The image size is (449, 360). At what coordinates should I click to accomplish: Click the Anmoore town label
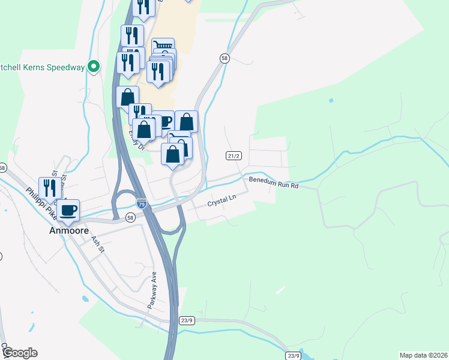click(x=69, y=230)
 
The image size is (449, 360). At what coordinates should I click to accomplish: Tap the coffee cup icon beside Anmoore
click(x=68, y=211)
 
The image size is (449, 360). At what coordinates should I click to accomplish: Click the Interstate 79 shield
click(x=141, y=204)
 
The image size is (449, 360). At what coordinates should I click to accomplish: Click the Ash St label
click(x=97, y=244)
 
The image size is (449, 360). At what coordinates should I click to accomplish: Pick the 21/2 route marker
click(x=234, y=156)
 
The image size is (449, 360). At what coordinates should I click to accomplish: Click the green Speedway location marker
click(x=94, y=67)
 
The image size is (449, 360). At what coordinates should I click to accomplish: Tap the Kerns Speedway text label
click(x=42, y=67)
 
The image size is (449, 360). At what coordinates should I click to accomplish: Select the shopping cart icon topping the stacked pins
click(x=163, y=46)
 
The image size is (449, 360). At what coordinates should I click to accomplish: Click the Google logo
click(x=19, y=353)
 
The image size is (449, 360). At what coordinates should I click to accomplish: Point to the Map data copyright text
click(x=423, y=355)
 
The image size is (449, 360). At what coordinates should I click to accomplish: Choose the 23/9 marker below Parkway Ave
click(x=187, y=320)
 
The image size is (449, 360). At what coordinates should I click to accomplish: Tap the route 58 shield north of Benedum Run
click(x=224, y=58)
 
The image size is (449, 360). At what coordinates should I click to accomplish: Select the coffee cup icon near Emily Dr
click(x=163, y=121)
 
